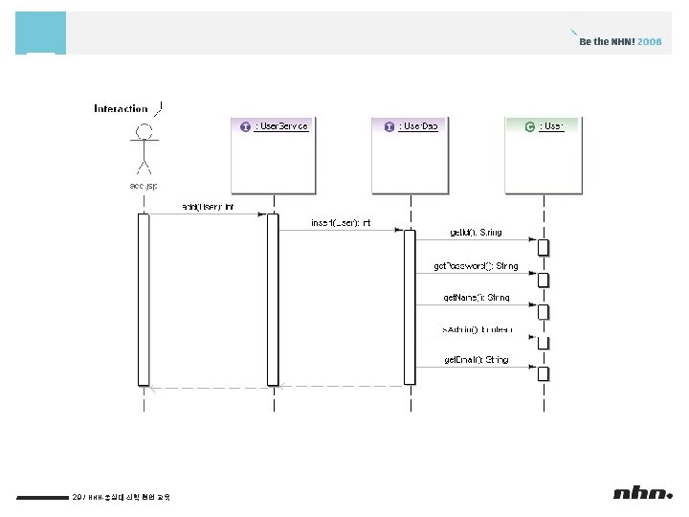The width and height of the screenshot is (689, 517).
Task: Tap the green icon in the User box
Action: (530, 126)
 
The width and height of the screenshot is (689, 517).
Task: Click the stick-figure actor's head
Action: (144, 131)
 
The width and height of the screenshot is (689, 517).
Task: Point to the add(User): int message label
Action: (208, 207)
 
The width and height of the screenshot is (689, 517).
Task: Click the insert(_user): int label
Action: (340, 223)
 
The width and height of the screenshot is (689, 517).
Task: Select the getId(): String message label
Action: (475, 233)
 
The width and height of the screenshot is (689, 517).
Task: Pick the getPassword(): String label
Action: (476, 265)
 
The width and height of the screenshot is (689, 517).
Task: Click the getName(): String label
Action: (476, 298)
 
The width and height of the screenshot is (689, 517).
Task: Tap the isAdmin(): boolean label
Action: (476, 329)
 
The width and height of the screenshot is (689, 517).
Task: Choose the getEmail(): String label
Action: (476, 360)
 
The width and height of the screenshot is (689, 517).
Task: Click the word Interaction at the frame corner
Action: (121, 109)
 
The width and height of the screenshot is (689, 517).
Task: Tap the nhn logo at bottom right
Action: (642, 493)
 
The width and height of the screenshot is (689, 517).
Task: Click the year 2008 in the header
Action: (650, 42)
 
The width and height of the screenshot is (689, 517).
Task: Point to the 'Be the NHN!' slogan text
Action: (607, 42)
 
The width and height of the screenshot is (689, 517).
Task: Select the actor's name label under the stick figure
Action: (144, 185)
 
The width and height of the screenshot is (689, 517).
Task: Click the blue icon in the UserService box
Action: (246, 126)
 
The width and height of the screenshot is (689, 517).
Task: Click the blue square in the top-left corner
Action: (41, 34)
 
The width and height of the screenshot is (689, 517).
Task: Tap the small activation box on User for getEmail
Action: (543, 373)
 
